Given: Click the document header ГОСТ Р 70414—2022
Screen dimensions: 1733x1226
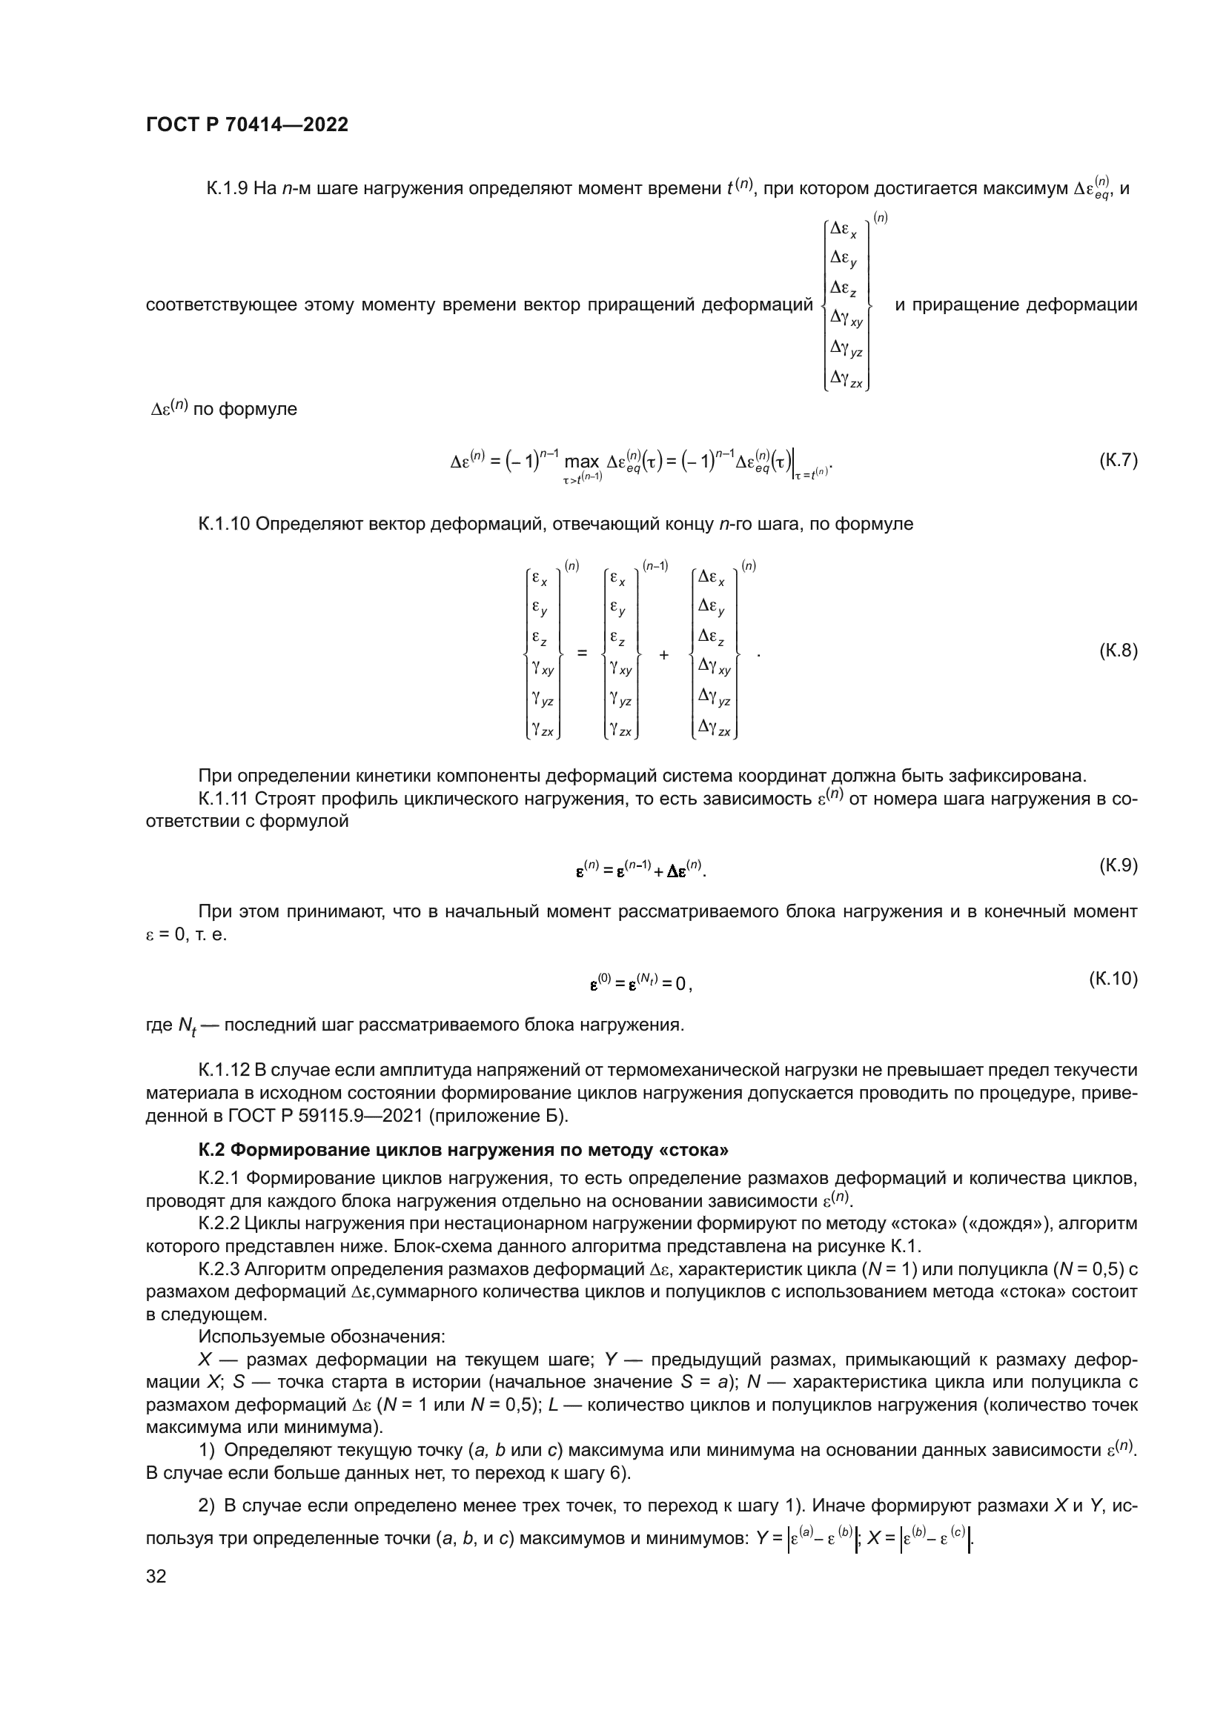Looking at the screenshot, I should pos(247,125).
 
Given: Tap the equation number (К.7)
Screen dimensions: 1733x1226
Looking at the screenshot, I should pos(1117,460).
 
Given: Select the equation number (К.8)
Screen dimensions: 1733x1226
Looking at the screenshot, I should pos(1117,651).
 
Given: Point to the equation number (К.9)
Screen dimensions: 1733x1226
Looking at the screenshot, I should pos(1117,865).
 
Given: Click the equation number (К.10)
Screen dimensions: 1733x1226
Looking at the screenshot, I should pos(1113,979).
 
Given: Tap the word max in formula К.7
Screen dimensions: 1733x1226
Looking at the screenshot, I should pos(581,461).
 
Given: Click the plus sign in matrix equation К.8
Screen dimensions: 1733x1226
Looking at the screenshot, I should pos(663,654).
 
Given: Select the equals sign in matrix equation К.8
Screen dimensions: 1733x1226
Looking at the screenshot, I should pos(582,653).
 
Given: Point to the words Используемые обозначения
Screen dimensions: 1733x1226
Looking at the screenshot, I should pos(322,1337).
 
